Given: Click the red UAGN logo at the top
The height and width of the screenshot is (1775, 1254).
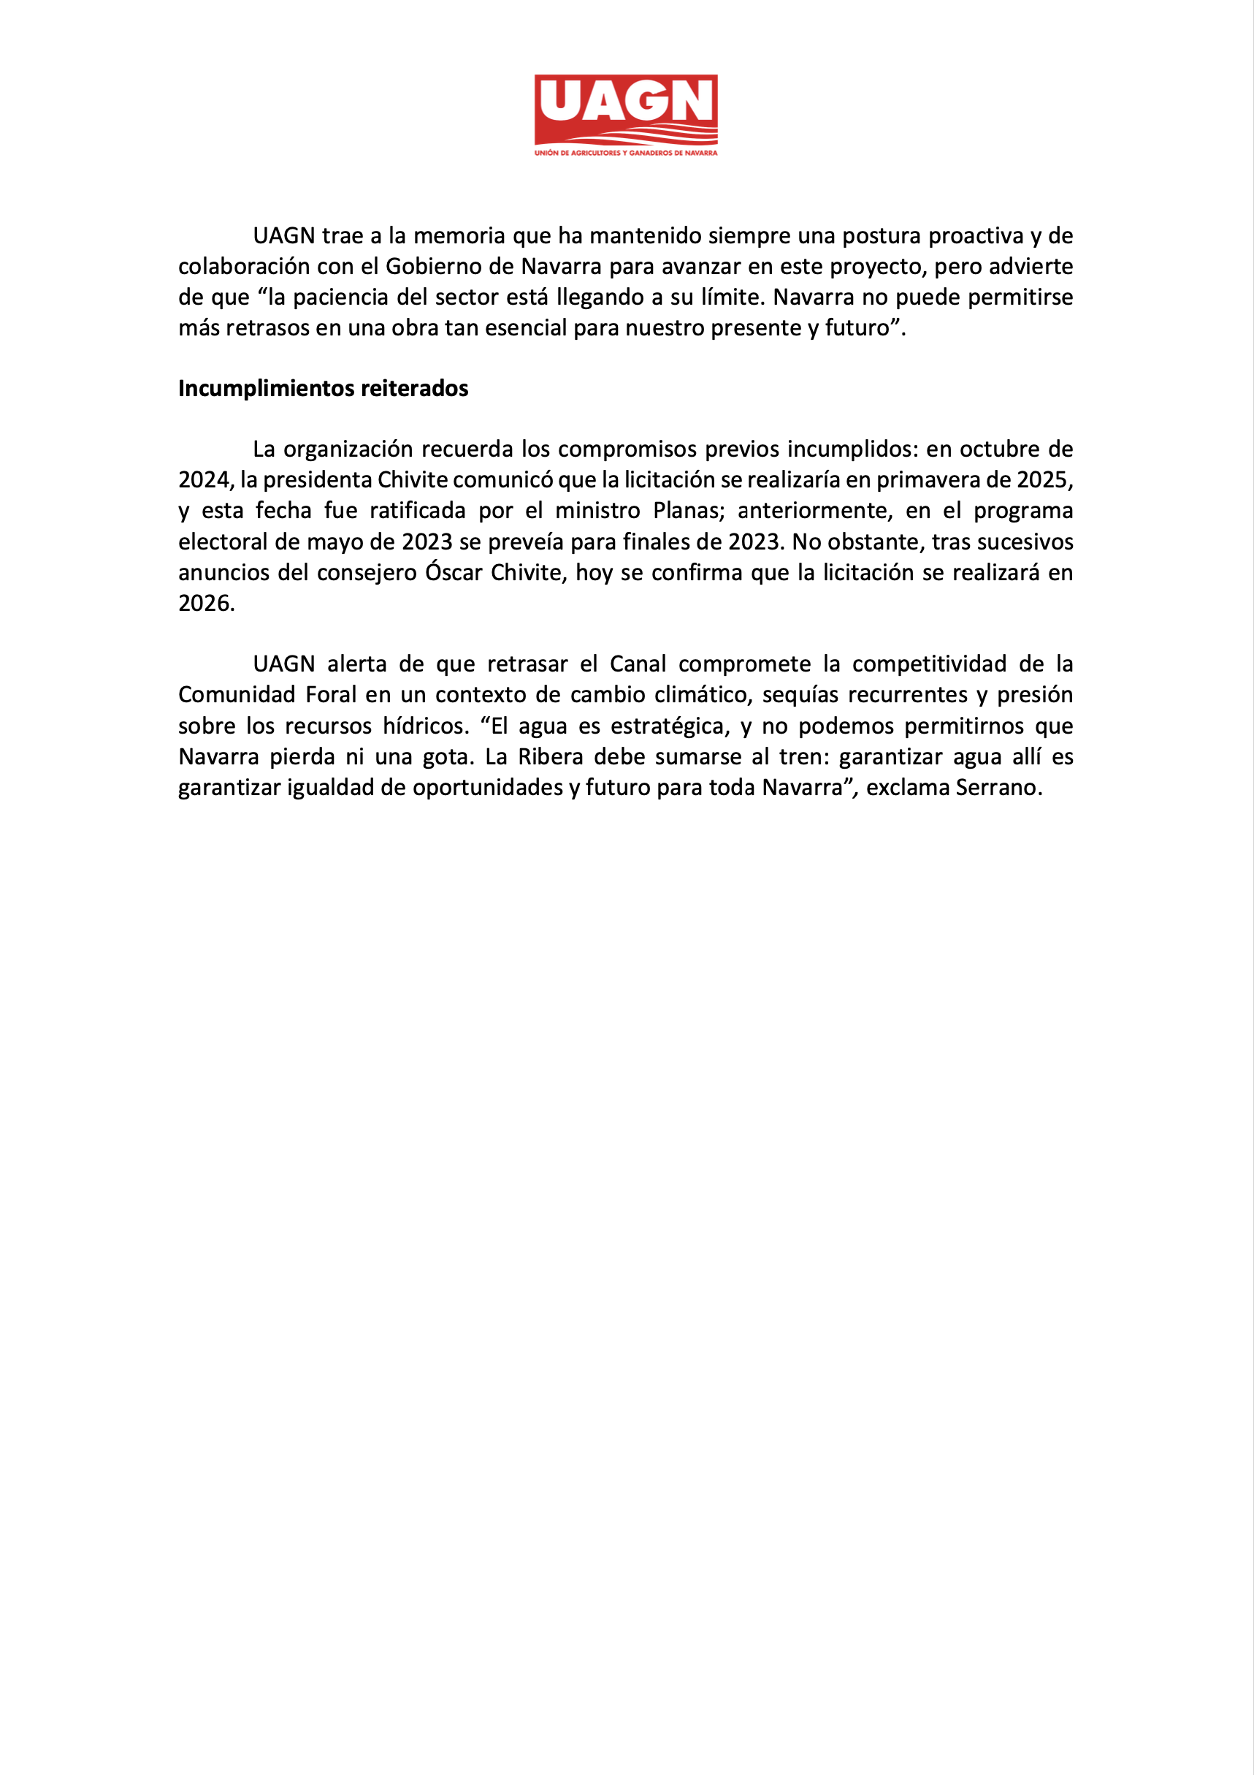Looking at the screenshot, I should pyautogui.click(x=626, y=109).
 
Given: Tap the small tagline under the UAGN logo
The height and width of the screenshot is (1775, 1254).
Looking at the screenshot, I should pyautogui.click(x=626, y=153).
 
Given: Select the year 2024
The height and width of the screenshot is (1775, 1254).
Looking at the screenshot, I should pyautogui.click(x=203, y=480).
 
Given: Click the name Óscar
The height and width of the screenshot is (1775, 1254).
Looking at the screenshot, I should pyautogui.click(x=454, y=573).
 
